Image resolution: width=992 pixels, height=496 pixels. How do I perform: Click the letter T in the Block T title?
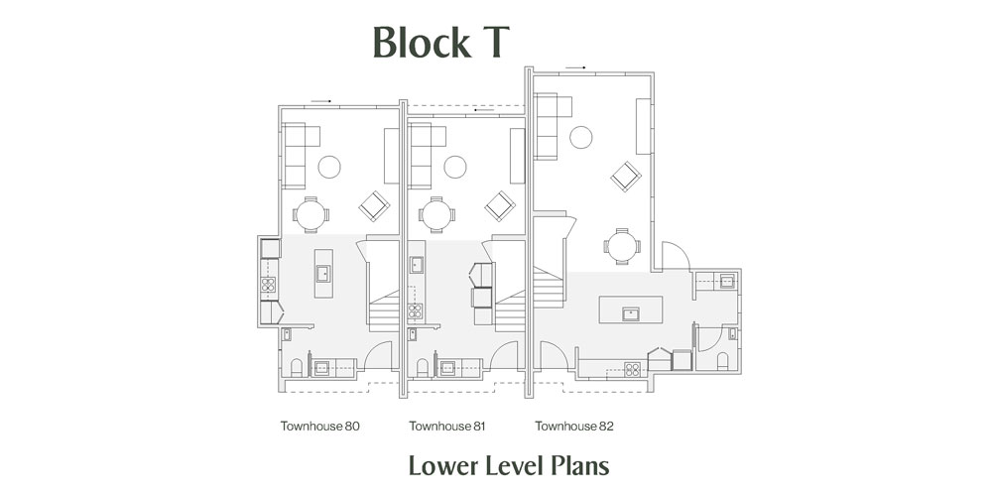492,43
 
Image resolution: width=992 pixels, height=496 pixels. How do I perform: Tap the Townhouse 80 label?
320,426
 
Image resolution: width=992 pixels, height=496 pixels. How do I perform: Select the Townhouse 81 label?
446,426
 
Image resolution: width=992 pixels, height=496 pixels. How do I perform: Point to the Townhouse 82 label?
573,426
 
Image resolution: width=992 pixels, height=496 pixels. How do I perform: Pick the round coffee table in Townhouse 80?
329,167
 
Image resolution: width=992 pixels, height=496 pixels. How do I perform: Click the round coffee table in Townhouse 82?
580,137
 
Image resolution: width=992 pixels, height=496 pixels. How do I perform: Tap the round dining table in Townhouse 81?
436,215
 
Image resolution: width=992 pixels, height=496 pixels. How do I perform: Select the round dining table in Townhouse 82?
622,246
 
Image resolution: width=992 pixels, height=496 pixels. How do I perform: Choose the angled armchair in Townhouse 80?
374,206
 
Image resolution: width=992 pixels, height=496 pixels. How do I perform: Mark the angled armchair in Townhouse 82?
626,177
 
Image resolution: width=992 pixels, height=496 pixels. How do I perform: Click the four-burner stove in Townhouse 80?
268,284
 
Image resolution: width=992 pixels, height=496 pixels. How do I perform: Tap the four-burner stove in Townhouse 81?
415,310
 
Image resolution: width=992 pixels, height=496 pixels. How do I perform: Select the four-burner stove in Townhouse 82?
632,369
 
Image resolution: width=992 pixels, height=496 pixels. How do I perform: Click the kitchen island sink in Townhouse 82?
630,313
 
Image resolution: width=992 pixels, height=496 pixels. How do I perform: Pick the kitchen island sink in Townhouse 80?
322,274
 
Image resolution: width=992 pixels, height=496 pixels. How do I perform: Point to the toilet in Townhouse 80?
296,368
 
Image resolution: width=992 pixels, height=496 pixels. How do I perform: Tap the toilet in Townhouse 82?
722,361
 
